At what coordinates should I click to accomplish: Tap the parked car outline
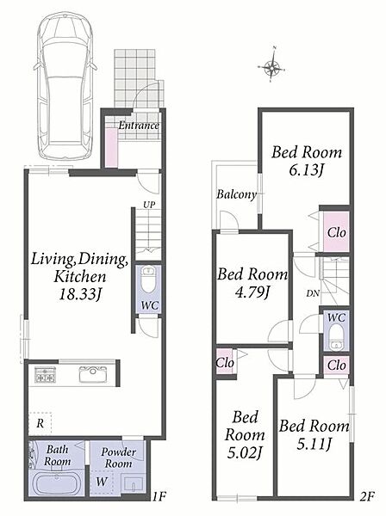pyautogui.click(x=66, y=87)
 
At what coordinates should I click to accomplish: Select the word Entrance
pyautogui.click(x=139, y=126)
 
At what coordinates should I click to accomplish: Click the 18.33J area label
pyautogui.click(x=79, y=294)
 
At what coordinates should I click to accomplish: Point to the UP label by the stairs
pyautogui.click(x=149, y=205)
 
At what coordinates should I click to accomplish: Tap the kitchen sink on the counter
pyautogui.click(x=93, y=374)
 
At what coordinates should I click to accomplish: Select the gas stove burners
pyautogui.click(x=46, y=374)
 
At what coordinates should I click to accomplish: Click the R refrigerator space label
pyautogui.click(x=40, y=423)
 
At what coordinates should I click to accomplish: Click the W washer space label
pyautogui.click(x=101, y=482)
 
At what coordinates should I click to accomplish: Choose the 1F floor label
pyautogui.click(x=159, y=496)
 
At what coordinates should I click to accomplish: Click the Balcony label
pyautogui.click(x=236, y=194)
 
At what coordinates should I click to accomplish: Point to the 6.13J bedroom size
pyautogui.click(x=307, y=170)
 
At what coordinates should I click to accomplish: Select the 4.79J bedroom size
pyautogui.click(x=252, y=292)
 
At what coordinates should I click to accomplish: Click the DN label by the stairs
pyautogui.click(x=313, y=293)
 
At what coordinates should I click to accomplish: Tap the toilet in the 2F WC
pyautogui.click(x=336, y=337)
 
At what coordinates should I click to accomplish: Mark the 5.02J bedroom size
pyautogui.click(x=244, y=453)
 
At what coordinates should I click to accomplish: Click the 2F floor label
pyautogui.click(x=367, y=496)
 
